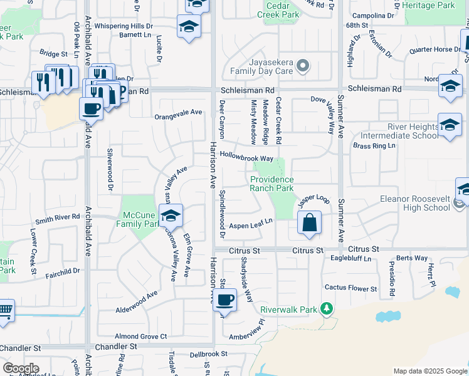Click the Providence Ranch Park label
coord(271,184)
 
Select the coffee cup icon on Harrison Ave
coord(224,300)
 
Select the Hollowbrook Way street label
coord(246,159)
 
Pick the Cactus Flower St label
coord(350,288)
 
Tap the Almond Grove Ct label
coord(141,337)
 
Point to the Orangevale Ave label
coord(179,113)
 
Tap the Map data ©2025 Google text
coord(429,371)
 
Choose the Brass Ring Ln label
coord(374,146)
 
